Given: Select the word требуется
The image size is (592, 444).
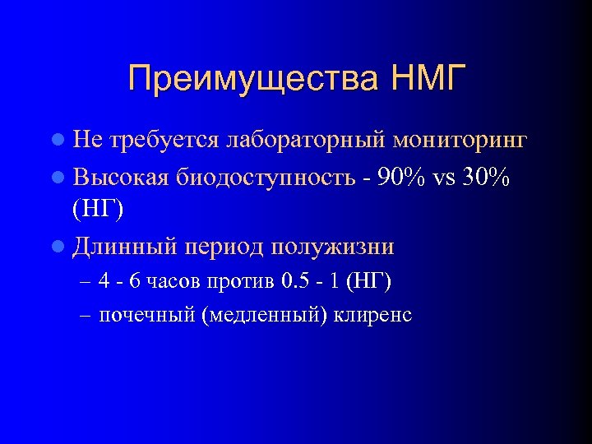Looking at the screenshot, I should click(153, 141).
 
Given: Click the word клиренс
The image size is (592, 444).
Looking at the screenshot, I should click(373, 316).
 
